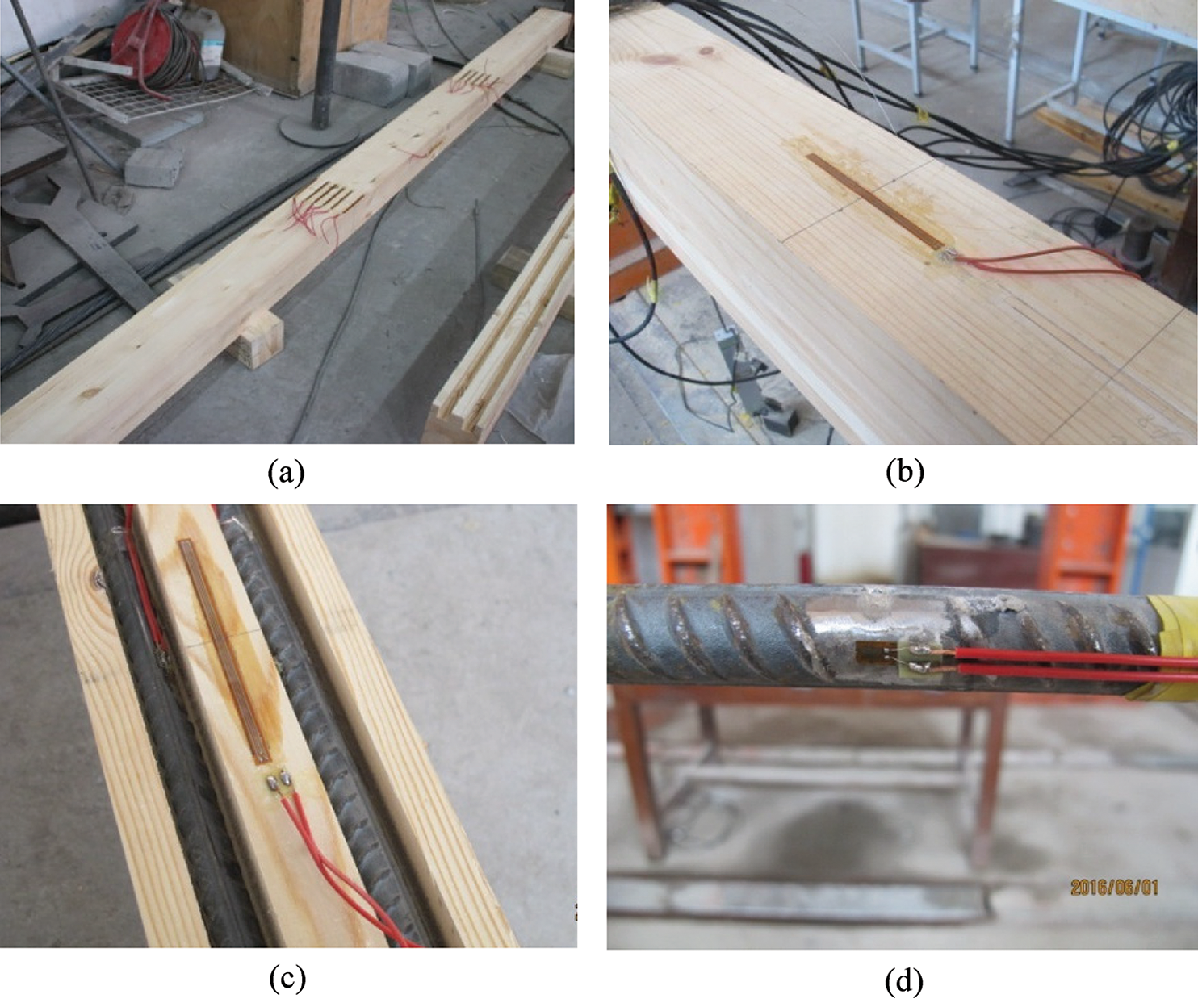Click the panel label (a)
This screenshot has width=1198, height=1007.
pos(287,474)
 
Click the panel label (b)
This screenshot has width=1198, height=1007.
pos(905,474)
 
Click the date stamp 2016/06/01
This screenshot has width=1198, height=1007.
pos(1114,888)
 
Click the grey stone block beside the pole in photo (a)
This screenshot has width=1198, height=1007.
pos(382,74)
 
